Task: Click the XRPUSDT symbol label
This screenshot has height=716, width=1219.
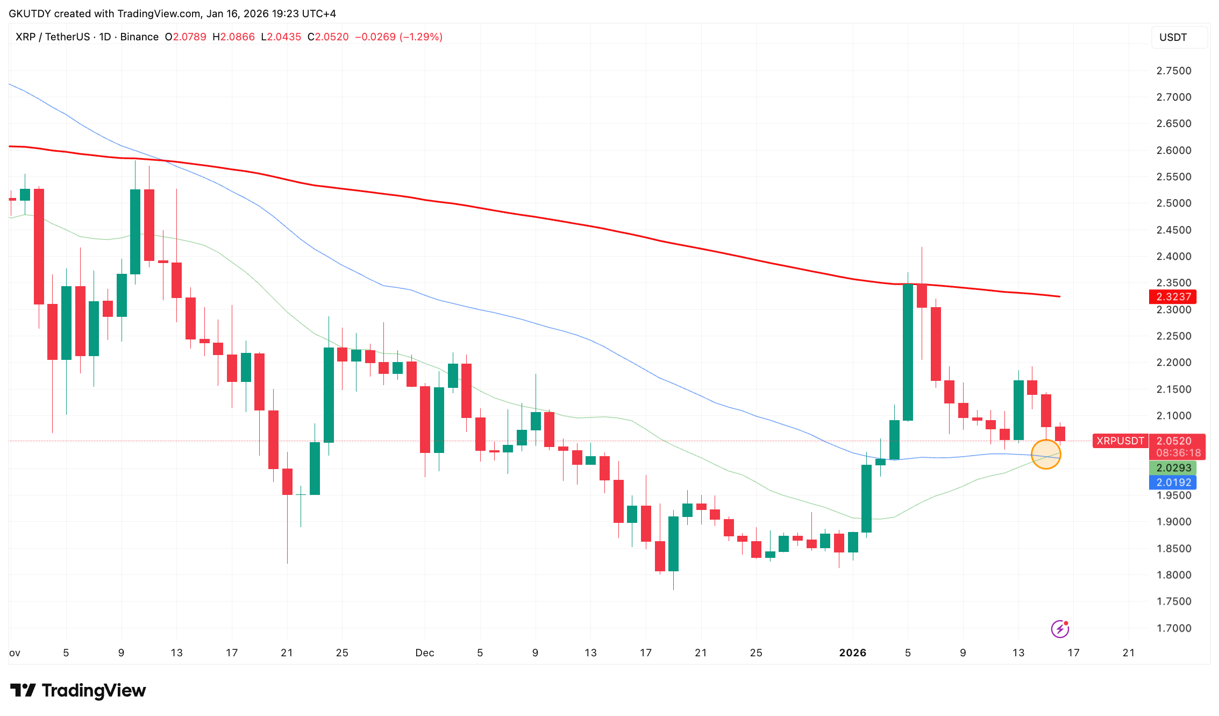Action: [1120, 441]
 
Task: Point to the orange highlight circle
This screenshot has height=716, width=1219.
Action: [1045, 455]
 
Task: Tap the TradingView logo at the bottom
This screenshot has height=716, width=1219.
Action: [78, 690]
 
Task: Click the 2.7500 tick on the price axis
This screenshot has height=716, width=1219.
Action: [1173, 70]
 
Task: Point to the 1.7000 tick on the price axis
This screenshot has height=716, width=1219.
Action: [1173, 628]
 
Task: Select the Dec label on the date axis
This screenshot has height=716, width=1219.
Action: [424, 653]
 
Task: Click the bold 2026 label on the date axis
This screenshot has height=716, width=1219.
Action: [852, 653]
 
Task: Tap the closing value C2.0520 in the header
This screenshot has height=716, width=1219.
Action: [328, 37]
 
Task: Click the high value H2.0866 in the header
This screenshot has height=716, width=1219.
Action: [233, 37]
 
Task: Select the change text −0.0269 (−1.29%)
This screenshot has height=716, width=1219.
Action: [398, 37]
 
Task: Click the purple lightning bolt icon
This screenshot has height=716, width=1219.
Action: [1059, 628]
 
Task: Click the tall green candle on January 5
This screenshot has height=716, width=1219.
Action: [908, 352]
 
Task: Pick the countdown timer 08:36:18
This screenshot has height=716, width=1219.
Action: [1178, 453]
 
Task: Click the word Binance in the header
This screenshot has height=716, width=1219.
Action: [139, 37]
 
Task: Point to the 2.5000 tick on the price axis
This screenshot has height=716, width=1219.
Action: [1173, 203]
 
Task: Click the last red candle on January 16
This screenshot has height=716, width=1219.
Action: [1059, 434]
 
